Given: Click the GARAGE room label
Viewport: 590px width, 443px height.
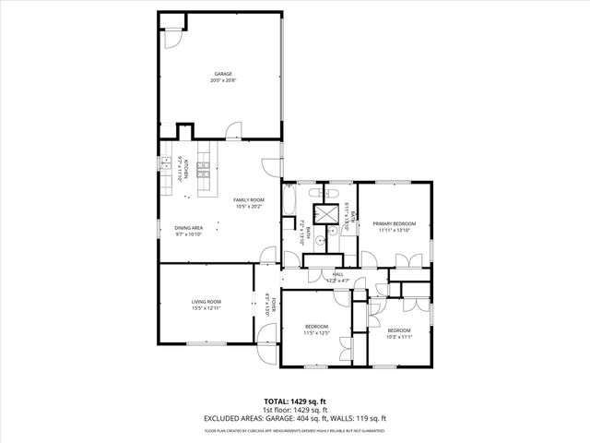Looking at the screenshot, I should [x=223, y=74].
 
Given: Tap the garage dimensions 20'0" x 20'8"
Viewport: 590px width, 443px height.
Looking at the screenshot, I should [x=223, y=80].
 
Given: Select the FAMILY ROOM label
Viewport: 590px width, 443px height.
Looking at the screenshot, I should [x=249, y=200].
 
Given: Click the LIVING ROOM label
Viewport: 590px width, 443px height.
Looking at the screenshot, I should [x=206, y=302].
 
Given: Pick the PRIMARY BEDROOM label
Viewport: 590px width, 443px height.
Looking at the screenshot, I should [x=395, y=223].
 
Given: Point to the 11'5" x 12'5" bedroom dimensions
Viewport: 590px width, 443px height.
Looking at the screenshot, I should [x=317, y=333].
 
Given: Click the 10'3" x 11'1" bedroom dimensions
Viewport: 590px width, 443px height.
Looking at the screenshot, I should [x=398, y=337].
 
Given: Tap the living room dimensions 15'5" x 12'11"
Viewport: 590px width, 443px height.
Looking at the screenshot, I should [x=206, y=308].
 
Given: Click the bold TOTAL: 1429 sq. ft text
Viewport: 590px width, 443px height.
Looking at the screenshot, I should [x=295, y=401].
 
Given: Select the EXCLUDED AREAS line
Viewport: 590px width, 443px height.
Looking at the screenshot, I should [x=295, y=418].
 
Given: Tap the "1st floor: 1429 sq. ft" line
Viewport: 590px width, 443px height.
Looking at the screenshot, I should [x=295, y=410].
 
